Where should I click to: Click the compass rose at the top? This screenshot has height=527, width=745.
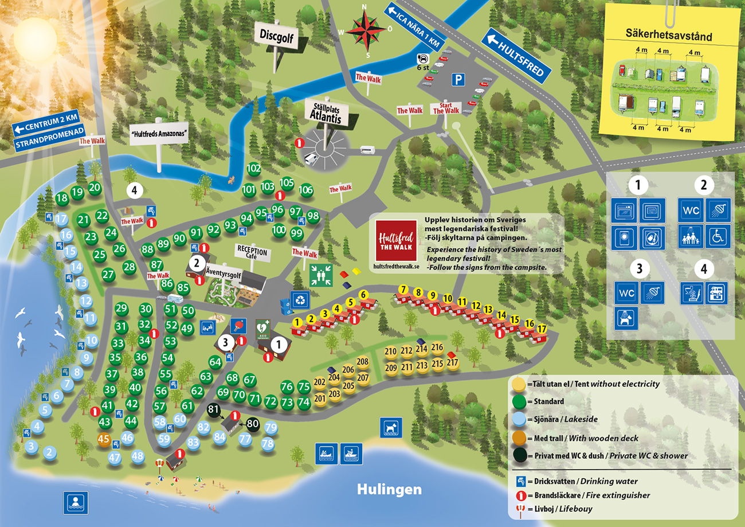click(365, 30)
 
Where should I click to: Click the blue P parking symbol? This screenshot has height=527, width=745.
click(457, 80)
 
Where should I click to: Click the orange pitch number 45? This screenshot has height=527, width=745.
click(104, 440)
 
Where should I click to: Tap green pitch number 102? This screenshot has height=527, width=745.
click(254, 169)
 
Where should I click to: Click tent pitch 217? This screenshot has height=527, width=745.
click(452, 363)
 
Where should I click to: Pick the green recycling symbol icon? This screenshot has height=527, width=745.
click(300, 299)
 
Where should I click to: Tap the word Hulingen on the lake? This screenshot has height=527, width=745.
click(389, 489)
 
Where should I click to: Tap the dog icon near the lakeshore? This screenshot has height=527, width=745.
click(391, 427)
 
